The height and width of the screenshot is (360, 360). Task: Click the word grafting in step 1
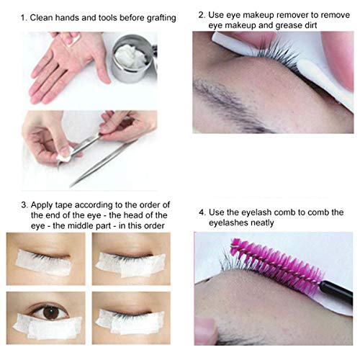pos(161,18)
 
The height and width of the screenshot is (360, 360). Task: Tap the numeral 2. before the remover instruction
pos(202,15)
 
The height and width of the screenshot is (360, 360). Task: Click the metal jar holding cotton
pos(134,59)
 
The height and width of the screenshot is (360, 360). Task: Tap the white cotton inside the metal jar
pos(132,55)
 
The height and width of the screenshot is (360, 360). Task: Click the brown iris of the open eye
pos(51,312)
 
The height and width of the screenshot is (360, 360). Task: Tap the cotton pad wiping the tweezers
pos(64,156)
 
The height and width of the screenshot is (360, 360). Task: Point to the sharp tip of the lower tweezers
pos(70,186)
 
